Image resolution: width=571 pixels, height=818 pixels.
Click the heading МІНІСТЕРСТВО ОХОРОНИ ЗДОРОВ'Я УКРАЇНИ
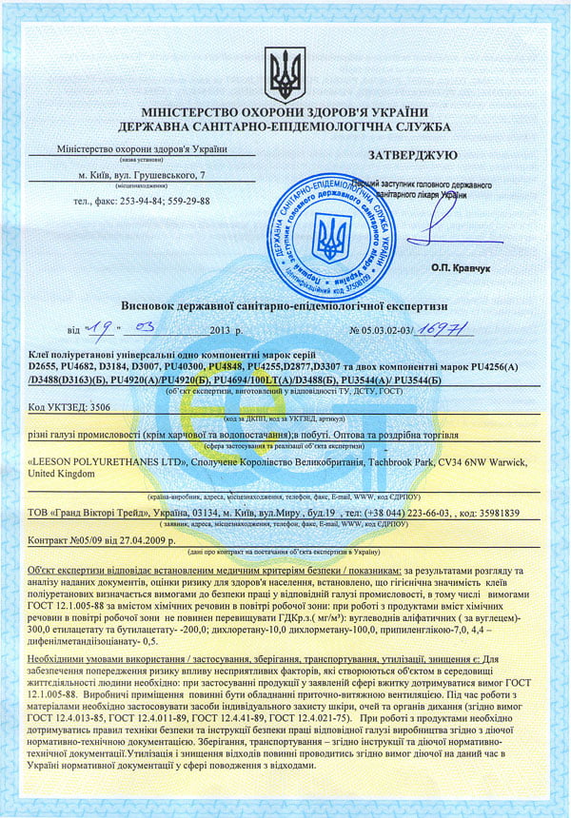tap(285, 112)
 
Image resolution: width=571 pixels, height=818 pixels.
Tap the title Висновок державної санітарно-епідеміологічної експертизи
tap(285, 305)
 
